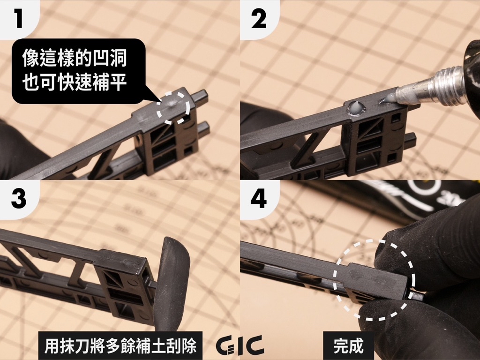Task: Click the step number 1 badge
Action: (18, 19)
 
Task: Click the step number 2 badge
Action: (258, 19)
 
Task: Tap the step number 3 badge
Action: (18, 198)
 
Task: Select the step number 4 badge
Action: (258, 198)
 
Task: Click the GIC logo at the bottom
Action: (240, 345)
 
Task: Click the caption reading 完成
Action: (348, 346)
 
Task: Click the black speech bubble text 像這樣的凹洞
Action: (75, 60)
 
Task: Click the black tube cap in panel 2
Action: (472, 75)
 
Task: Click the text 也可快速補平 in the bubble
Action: (75, 83)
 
